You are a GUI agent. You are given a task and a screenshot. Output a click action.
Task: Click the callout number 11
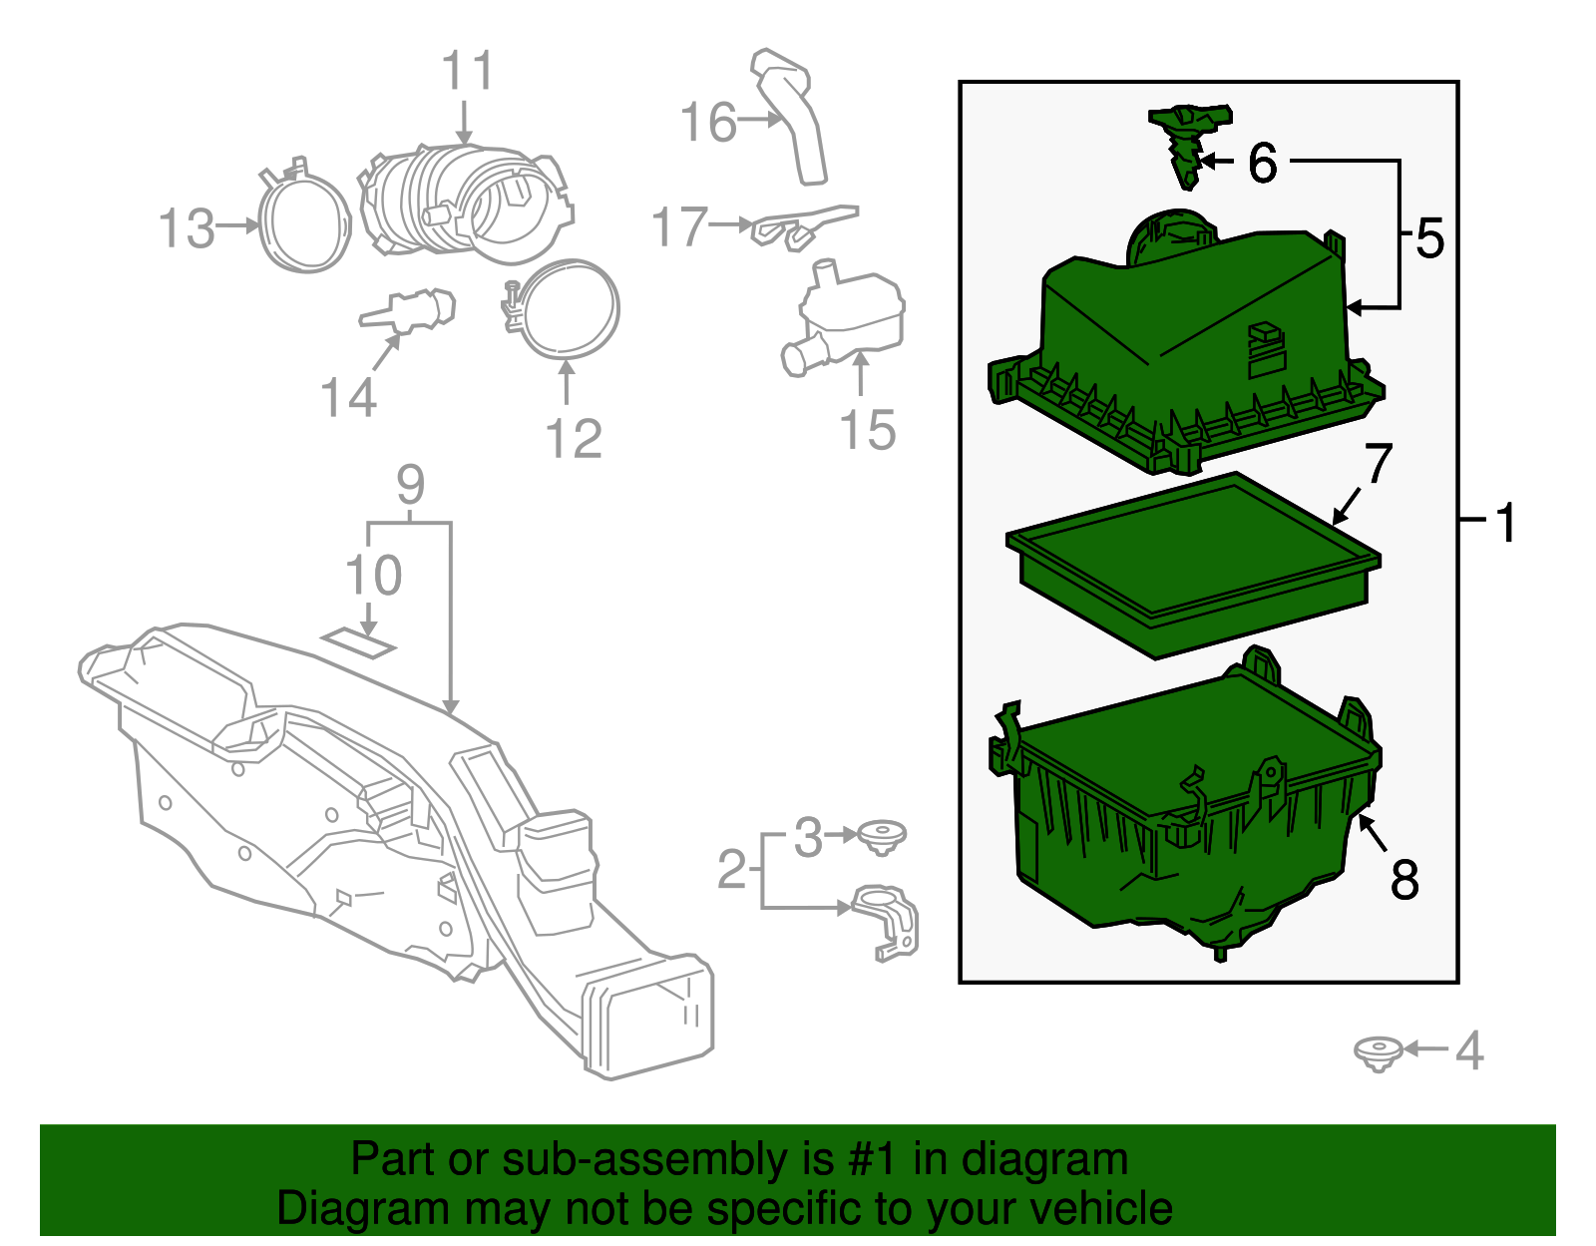[468, 72]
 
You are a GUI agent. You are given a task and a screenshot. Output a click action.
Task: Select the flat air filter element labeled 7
[1192, 564]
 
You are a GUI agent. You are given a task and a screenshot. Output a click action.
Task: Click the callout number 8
[1404, 880]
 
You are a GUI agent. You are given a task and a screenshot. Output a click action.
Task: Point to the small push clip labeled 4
[1378, 1052]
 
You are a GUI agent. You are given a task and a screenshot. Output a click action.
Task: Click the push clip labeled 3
[881, 836]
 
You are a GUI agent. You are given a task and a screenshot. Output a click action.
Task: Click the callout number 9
[410, 485]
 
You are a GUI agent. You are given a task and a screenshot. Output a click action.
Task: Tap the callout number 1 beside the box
[1505, 523]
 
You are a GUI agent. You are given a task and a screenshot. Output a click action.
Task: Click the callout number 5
[1429, 239]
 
